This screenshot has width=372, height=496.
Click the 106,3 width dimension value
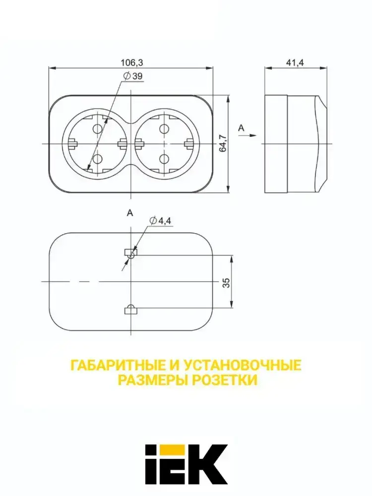[131, 62]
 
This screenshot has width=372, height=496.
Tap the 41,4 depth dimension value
[295, 62]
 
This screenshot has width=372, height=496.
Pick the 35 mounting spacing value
[226, 282]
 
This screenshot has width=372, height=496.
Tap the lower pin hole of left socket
[97, 159]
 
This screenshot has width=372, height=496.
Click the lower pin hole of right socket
[163, 159]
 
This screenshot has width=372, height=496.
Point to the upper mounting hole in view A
[130, 253]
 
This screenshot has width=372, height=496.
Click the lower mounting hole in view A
[130, 310]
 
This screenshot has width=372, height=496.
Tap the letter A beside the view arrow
[242, 128]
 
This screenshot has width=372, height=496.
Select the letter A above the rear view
[130, 213]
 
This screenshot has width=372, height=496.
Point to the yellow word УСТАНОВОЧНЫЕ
[242, 366]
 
